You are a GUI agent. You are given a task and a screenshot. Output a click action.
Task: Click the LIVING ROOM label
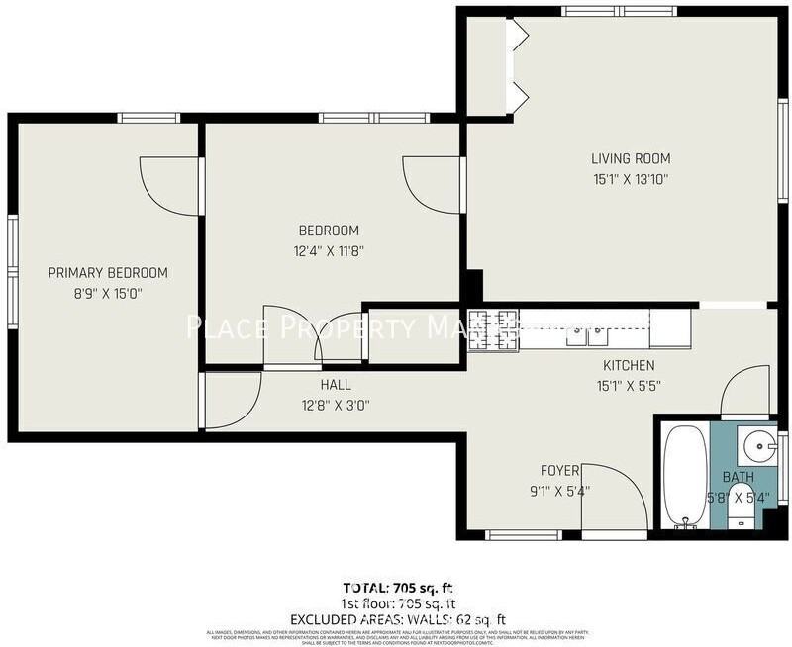coord(631,158)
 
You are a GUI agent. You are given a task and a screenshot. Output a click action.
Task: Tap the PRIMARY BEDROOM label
coord(108,273)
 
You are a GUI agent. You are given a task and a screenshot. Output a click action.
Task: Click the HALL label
coord(336,385)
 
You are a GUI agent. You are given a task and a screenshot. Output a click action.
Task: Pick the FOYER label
coord(559,470)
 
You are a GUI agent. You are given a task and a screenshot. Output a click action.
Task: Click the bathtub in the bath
coord(684,475)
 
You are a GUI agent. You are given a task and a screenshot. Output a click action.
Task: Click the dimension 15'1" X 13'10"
coord(631,179)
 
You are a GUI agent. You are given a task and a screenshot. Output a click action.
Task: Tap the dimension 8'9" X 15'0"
coord(108,294)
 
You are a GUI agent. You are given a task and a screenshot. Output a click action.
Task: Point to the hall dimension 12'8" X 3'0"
coord(336,404)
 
